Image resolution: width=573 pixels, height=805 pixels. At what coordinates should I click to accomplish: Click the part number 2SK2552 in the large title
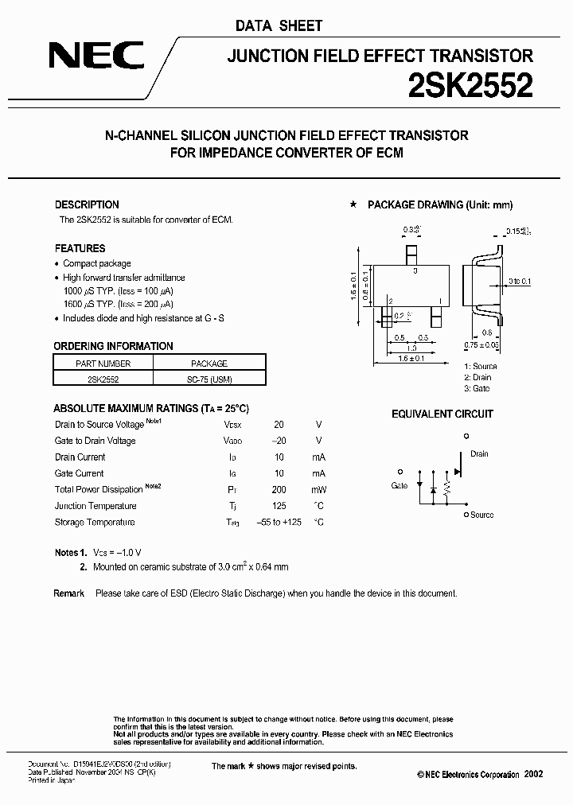(x=470, y=85)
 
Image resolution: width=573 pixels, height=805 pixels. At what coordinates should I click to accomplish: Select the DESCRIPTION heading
(x=87, y=204)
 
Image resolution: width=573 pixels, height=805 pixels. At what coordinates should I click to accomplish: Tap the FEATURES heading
(x=80, y=248)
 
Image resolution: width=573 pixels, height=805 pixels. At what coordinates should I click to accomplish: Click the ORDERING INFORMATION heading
(x=113, y=346)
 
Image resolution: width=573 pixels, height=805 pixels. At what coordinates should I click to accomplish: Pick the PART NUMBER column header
(x=103, y=364)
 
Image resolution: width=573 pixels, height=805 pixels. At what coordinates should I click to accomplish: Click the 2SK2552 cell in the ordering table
(x=103, y=379)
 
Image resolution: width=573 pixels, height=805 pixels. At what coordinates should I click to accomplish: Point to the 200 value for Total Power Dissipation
(x=279, y=490)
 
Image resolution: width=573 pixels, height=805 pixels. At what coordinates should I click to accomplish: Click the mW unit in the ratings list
(x=318, y=490)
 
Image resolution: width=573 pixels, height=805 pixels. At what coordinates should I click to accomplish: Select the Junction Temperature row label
(x=95, y=506)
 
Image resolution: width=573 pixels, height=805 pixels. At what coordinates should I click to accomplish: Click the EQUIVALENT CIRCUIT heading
(x=442, y=414)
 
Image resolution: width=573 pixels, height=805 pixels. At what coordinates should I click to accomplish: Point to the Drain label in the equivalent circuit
(x=479, y=454)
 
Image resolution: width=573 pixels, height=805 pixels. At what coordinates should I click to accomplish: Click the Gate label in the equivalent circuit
(x=400, y=485)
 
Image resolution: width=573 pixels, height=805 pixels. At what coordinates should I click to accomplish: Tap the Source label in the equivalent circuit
(x=481, y=515)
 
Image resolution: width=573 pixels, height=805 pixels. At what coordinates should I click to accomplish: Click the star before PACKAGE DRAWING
(x=353, y=205)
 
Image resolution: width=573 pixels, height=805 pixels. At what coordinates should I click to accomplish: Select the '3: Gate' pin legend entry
(x=477, y=388)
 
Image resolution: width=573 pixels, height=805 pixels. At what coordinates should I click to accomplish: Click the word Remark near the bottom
(x=69, y=593)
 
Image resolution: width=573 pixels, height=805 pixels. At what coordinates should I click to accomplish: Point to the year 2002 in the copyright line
(x=533, y=774)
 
